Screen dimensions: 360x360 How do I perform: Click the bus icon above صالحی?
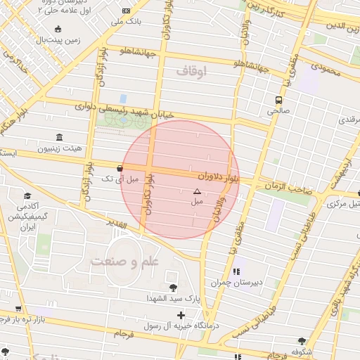pyautogui.click(x=279, y=100)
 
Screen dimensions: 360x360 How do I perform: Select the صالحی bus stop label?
pyautogui.click(x=279, y=111)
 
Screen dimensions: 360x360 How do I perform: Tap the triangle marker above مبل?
pyautogui.click(x=197, y=191)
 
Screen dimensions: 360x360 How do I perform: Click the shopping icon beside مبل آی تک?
pyautogui.click(x=120, y=168)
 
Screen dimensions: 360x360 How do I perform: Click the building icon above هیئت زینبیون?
pyautogui.click(x=58, y=137)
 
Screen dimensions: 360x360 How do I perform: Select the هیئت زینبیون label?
pyautogui.click(x=60, y=148)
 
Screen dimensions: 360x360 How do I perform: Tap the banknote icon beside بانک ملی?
pyautogui.click(x=126, y=11)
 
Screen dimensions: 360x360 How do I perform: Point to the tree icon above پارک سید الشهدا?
pyautogui.click(x=172, y=287)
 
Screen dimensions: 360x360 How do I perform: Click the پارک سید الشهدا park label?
pyautogui.click(x=172, y=298)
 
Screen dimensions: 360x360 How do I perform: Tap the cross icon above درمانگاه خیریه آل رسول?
pyautogui.click(x=181, y=315)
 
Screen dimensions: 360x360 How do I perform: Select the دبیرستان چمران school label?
pyautogui.click(x=238, y=283)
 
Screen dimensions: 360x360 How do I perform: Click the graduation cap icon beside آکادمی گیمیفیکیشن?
pyautogui.click(x=27, y=196)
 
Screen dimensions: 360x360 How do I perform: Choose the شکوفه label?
pyautogui.click(x=302, y=352)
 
